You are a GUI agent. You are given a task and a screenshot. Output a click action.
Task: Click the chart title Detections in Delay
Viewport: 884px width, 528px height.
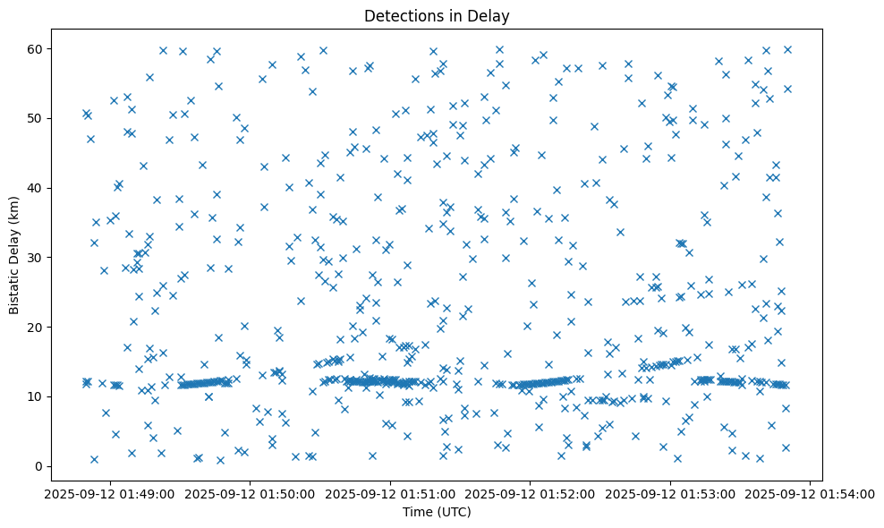coord(437,15)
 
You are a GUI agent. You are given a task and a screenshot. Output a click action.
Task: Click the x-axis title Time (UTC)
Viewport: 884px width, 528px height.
coord(437,512)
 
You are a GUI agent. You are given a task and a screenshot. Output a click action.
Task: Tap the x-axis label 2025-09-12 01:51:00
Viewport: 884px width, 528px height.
coord(390,492)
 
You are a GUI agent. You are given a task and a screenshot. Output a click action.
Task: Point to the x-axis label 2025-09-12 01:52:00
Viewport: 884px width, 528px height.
coord(530,492)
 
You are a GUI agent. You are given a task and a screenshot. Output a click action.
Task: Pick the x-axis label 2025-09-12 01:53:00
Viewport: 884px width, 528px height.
coord(670,492)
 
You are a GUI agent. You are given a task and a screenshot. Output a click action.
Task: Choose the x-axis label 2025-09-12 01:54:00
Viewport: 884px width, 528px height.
coord(810,492)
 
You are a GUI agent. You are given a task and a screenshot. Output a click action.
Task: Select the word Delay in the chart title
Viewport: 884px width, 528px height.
coord(491,15)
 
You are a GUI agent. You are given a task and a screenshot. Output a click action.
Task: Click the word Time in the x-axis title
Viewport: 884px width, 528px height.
coord(417,512)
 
